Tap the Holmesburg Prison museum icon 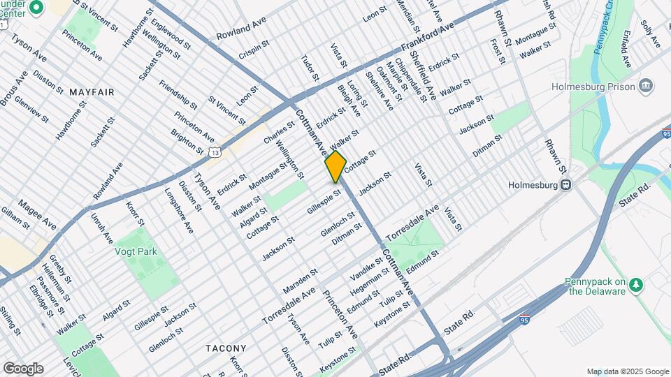[x=646, y=86]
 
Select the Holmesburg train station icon [x=568, y=186]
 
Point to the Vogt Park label [x=137, y=251]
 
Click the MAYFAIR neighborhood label [x=92, y=91]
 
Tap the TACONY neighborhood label [x=226, y=348]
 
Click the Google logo [x=23, y=369]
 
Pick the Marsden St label [x=301, y=280]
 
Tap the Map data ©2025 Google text [x=627, y=371]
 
